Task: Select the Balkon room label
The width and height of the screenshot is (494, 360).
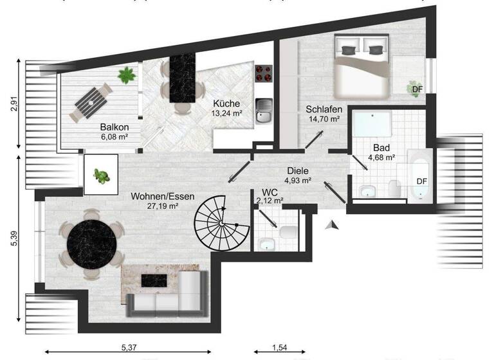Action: [98, 127]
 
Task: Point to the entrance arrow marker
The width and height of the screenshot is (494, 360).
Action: [333, 224]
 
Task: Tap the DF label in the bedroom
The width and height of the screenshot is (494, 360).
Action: [417, 89]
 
